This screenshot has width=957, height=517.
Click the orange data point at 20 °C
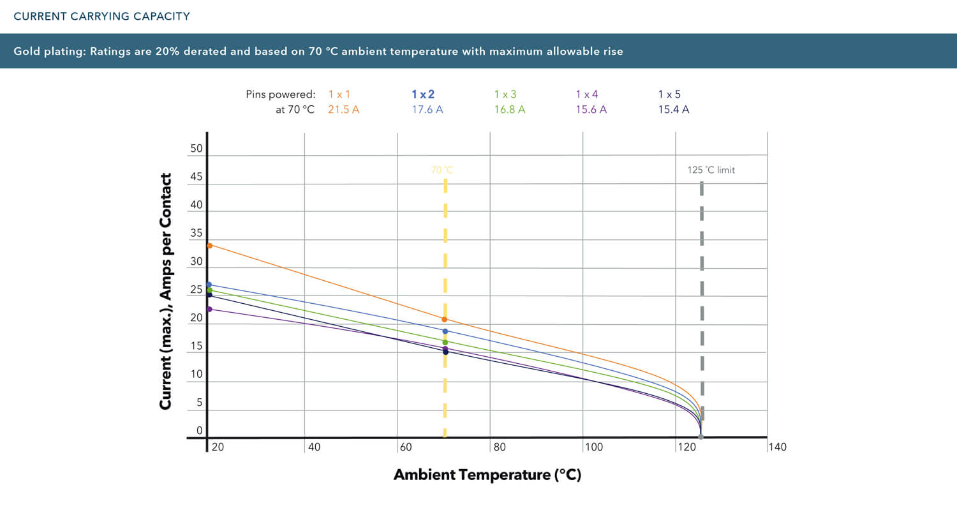[209, 245]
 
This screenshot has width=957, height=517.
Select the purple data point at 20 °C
[209, 309]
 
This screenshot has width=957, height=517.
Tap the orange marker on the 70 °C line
[445, 319]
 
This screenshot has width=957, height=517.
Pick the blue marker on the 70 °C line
[445, 331]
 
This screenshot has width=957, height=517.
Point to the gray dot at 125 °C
[701, 437]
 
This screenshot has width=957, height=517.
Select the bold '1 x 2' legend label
[423, 94]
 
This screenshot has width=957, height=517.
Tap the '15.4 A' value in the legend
[673, 109]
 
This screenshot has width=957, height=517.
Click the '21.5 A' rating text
[344, 109]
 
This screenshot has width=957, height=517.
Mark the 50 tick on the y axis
[197, 149]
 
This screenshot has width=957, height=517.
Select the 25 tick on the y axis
[197, 290]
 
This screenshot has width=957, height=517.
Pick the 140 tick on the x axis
[778, 447]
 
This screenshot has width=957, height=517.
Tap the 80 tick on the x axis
[500, 447]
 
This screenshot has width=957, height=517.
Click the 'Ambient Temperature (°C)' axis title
[487, 475]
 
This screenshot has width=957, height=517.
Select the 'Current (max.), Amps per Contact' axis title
[166, 292]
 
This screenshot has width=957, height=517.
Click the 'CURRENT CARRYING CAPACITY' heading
[102, 17]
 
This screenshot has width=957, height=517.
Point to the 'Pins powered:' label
[280, 94]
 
